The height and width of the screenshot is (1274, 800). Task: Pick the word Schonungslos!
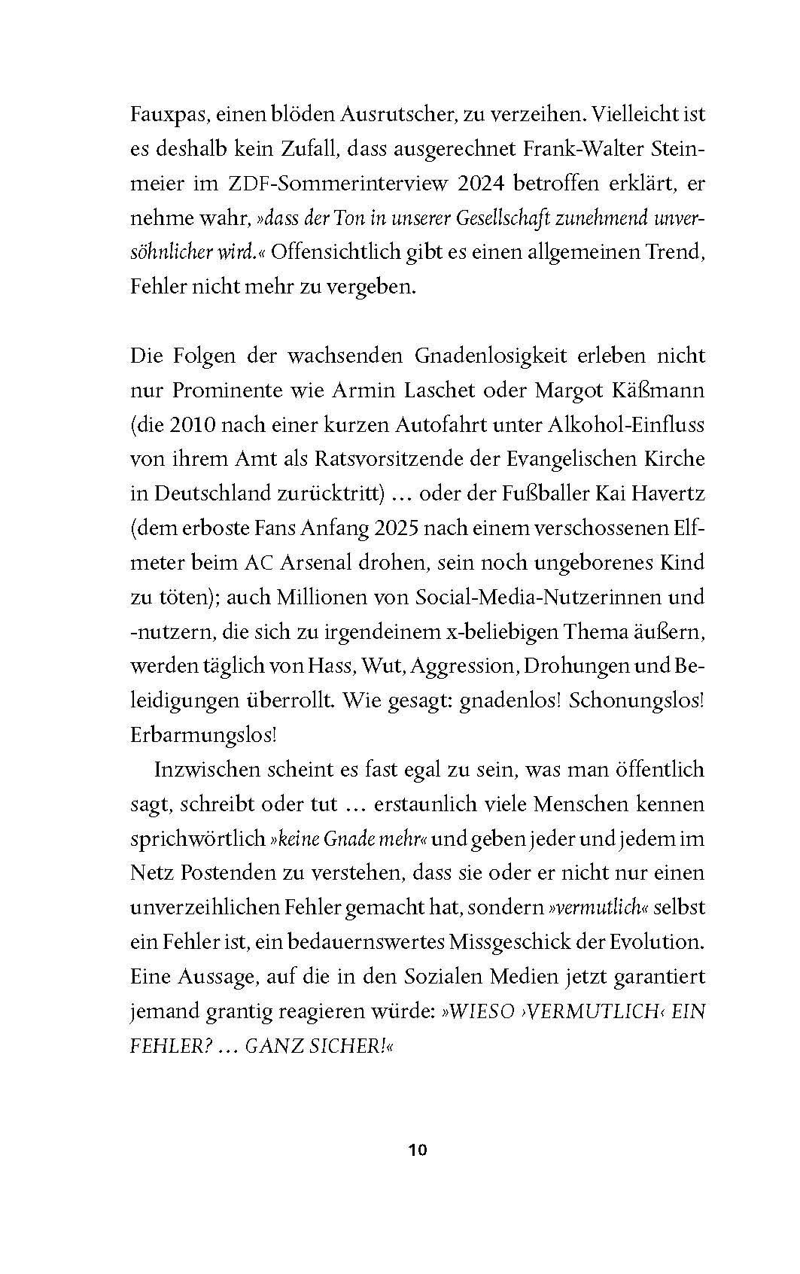637,701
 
